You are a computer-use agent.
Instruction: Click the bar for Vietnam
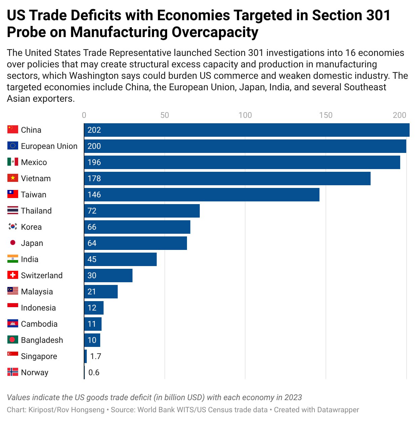[x=227, y=178]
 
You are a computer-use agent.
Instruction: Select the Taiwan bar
[x=202, y=194]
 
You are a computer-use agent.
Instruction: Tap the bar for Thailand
[x=142, y=210]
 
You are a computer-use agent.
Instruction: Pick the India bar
[x=120, y=259]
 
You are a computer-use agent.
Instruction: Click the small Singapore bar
[x=85, y=356]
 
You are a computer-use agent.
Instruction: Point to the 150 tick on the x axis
[x=326, y=115]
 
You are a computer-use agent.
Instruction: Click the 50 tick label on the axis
[x=164, y=115]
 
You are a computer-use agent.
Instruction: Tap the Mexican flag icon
[x=13, y=162]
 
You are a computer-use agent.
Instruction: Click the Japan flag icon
[x=13, y=242]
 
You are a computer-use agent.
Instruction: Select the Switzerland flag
[x=13, y=275]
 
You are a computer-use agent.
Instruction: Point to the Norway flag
[x=13, y=372]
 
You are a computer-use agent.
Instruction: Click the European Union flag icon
[x=13, y=145]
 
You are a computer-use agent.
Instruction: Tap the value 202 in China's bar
[x=94, y=130]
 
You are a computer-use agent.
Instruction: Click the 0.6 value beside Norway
[x=94, y=373]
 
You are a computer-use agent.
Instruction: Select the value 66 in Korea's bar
[x=92, y=227]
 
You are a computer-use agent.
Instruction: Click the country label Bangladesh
[x=42, y=340]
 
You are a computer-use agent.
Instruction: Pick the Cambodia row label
[x=39, y=324]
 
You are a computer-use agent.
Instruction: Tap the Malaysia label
[x=37, y=292]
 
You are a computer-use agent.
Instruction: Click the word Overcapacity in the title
[x=215, y=32]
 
